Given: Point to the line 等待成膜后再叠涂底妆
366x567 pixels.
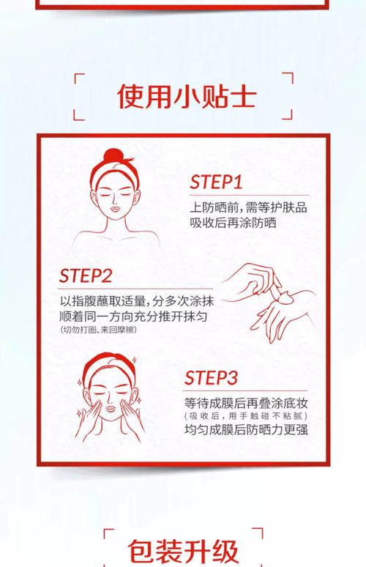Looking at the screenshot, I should [245, 402].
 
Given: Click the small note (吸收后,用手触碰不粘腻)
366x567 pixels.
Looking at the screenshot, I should [245, 416].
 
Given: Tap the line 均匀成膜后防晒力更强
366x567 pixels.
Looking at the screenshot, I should [245, 430].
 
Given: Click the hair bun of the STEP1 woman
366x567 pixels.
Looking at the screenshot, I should [115, 157].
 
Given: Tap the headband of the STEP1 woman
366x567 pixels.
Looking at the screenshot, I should [116, 174].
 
